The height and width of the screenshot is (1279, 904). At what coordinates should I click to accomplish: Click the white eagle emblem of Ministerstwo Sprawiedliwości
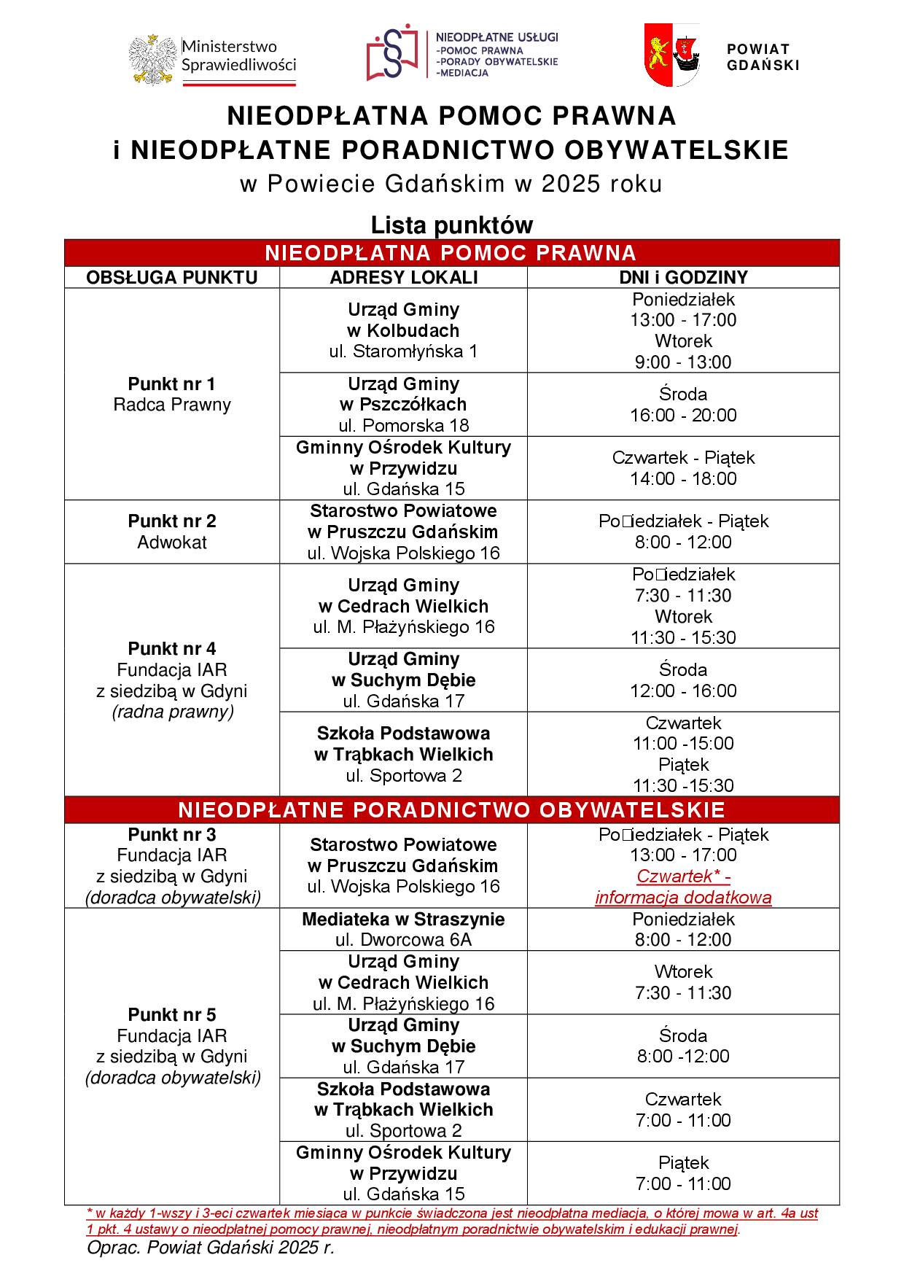tap(154, 58)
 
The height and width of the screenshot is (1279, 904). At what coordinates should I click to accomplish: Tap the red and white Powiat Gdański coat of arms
tap(672, 55)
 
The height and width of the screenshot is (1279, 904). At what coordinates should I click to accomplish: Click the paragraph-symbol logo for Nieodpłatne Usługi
tap(393, 55)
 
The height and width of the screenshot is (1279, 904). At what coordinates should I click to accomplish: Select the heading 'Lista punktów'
tap(451, 225)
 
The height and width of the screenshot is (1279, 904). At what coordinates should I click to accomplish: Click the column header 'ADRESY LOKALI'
tap(403, 277)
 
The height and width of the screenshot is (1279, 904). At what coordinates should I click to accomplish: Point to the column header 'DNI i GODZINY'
tap(683, 277)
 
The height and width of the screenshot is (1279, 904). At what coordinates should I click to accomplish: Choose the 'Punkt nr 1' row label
tap(172, 384)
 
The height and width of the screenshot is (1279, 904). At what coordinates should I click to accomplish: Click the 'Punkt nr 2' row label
tap(172, 521)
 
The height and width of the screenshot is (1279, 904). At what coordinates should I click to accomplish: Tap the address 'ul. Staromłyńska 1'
tap(403, 351)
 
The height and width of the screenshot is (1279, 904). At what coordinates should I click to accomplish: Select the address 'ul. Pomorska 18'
tap(403, 425)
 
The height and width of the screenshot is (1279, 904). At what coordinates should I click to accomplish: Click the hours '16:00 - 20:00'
tap(683, 415)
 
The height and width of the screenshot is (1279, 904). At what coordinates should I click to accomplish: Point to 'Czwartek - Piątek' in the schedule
tap(683, 458)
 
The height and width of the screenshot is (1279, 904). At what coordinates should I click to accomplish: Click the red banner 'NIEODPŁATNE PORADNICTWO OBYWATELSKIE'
tap(451, 810)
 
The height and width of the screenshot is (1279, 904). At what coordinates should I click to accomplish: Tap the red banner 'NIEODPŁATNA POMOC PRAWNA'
tap(451, 253)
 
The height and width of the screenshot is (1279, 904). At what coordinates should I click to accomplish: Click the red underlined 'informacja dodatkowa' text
tap(683, 898)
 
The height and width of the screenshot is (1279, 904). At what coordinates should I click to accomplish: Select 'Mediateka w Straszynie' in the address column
tap(403, 919)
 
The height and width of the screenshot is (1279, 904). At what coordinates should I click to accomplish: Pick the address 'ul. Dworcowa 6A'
tap(403, 940)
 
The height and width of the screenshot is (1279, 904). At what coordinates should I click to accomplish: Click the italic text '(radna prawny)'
tap(172, 712)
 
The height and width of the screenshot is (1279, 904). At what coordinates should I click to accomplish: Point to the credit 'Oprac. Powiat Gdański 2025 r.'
tap(210, 1248)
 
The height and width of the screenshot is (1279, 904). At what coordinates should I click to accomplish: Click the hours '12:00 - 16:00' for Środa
tap(683, 691)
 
